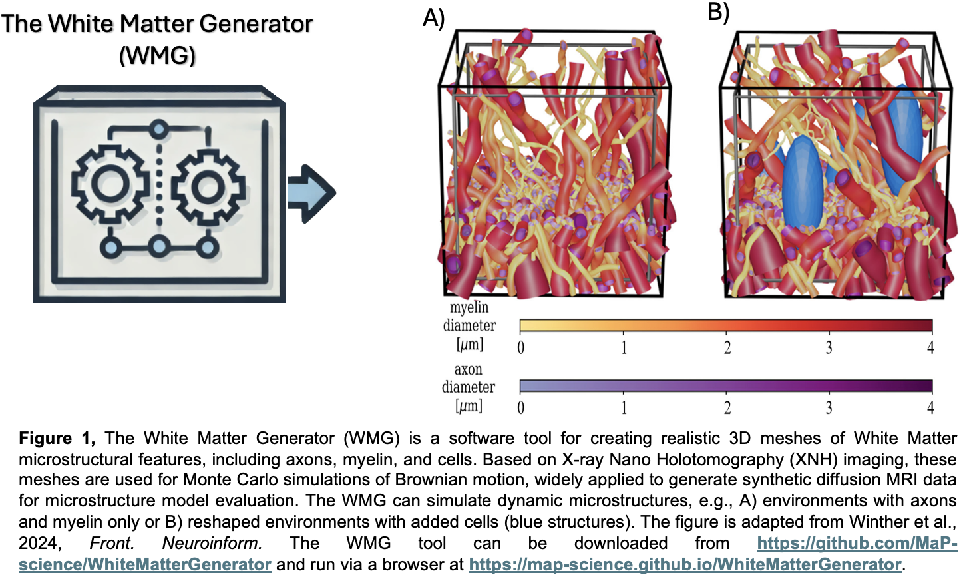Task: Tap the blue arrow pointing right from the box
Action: tap(311, 193)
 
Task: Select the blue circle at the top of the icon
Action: tap(159, 129)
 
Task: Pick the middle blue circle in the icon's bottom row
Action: tap(159, 248)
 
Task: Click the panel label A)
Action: tap(433, 18)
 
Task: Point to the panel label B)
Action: tap(719, 12)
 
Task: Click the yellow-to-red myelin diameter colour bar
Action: tap(726, 325)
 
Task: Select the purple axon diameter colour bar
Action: tap(726, 386)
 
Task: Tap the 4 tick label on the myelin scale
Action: tap(930, 347)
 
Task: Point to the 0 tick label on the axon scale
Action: tap(521, 407)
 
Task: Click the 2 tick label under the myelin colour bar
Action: tap(727, 347)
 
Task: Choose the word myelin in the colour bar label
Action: tap(469, 307)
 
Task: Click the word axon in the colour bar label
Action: tap(468, 370)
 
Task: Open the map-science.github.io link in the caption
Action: tap(686, 565)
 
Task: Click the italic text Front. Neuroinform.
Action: tap(176, 543)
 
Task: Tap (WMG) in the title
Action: tap(157, 55)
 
